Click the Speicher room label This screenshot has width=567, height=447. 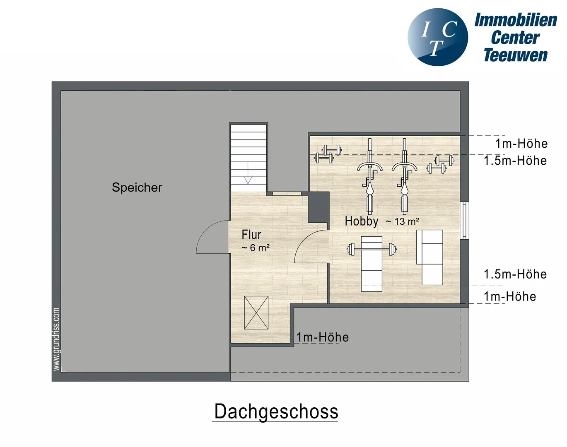[x=137, y=187]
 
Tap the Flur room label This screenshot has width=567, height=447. [x=251, y=235]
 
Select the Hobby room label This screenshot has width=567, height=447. [x=362, y=221]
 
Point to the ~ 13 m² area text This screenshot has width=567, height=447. [x=402, y=221]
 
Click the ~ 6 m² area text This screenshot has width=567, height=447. [x=256, y=248]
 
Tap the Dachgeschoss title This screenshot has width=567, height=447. [x=276, y=411]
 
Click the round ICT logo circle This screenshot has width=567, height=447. [x=438, y=37]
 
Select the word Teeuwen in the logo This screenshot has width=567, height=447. [x=516, y=55]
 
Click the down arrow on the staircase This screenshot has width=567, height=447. [x=248, y=173]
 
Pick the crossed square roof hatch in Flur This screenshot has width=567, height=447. [x=256, y=312]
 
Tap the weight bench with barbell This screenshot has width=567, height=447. [x=372, y=263]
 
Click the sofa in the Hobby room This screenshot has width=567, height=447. [x=430, y=257]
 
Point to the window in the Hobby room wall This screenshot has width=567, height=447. [x=465, y=220]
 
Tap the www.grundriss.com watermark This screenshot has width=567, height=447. [x=56, y=339]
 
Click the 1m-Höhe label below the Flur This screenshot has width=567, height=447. [x=323, y=337]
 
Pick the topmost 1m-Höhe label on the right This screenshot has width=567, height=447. [x=521, y=144]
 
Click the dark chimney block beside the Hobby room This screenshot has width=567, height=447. [x=319, y=207]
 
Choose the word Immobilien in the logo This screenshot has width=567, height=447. [x=516, y=20]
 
